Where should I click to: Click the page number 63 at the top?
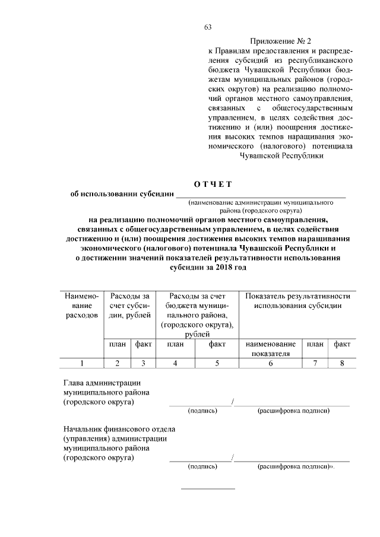coord(208,27)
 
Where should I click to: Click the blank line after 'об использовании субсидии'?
coord(261,195)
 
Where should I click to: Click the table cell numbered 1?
coord(81,363)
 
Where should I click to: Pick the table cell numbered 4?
coord(175,363)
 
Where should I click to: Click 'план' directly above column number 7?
coord(315,344)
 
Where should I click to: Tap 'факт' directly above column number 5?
coord(217,344)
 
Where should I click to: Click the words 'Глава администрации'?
coord(102,383)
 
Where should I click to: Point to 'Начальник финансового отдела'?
coord(119,428)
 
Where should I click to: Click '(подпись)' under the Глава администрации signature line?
coord(202,411)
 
